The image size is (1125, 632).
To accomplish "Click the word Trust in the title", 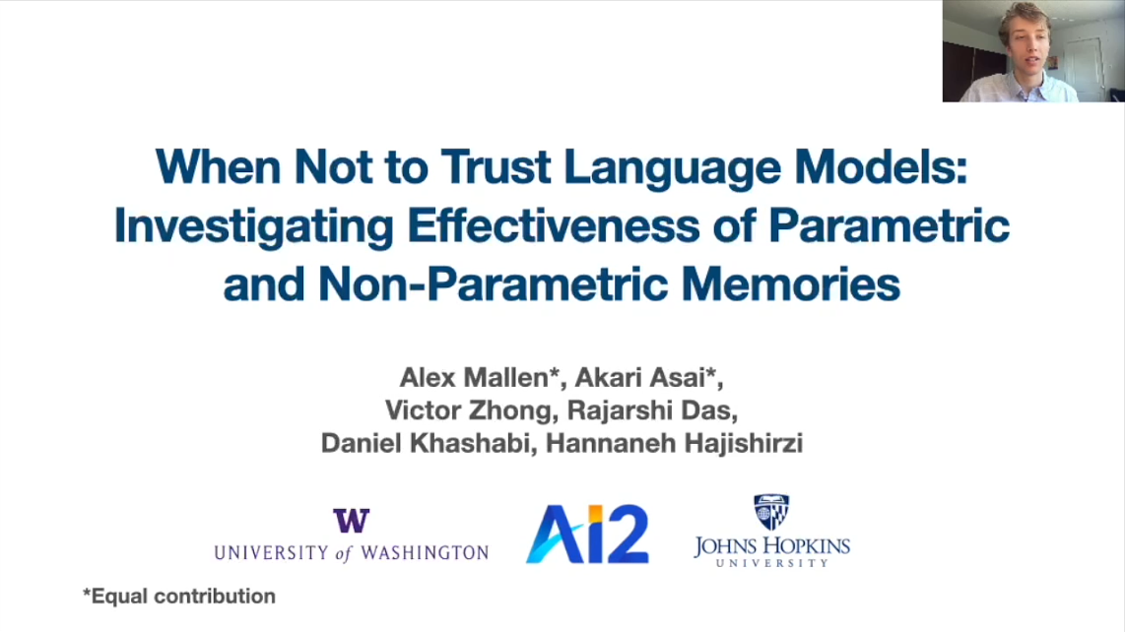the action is pyautogui.click(x=496, y=166).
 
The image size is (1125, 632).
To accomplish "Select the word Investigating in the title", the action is pyautogui.click(x=253, y=226).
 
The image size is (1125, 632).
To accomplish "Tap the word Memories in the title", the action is pyautogui.click(x=790, y=284).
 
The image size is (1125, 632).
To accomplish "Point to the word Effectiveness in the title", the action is pyautogui.click(x=554, y=225).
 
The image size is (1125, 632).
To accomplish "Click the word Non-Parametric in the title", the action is pyautogui.click(x=493, y=284).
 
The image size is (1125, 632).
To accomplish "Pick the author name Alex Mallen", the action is pyautogui.click(x=475, y=377).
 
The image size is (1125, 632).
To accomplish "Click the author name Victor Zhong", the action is pyautogui.click(x=468, y=411).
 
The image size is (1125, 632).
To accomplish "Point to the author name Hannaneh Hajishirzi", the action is pyautogui.click(x=674, y=443).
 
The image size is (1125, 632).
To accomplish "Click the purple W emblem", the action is pyautogui.click(x=352, y=520).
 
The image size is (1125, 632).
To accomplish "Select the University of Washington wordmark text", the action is pyautogui.click(x=352, y=552).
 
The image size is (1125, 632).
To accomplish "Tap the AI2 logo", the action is pyautogui.click(x=587, y=534).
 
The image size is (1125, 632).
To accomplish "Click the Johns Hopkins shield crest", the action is pyautogui.click(x=771, y=512).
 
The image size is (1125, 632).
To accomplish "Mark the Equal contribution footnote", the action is pyautogui.click(x=179, y=597).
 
